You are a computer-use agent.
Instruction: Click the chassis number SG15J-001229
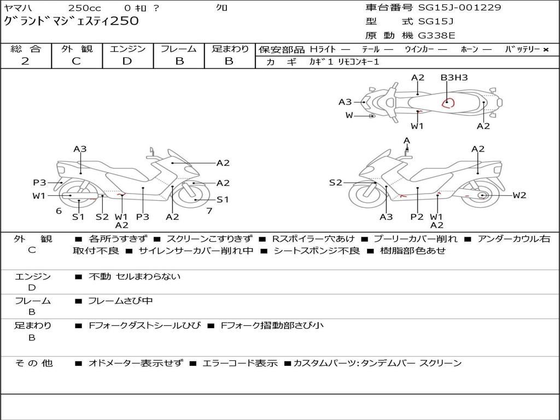[x=459, y=8]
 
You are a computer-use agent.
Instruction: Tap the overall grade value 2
[x=25, y=61]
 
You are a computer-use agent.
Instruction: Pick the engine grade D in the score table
[x=127, y=61]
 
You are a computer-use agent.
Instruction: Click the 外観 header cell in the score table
[x=77, y=49]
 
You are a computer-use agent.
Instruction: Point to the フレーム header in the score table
[x=179, y=49]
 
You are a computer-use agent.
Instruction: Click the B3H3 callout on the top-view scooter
[x=454, y=78]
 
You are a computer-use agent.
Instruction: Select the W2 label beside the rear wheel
[x=519, y=195]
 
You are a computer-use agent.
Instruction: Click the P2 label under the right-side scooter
[x=417, y=217]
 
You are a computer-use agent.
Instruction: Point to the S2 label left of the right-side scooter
[x=335, y=183]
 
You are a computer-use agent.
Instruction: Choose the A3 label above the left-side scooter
[x=80, y=149]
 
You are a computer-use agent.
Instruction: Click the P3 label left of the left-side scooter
[x=39, y=183]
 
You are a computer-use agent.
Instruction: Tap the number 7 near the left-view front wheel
[x=209, y=211]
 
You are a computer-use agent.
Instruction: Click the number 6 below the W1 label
[x=59, y=211]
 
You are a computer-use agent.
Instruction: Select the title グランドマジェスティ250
[x=71, y=21]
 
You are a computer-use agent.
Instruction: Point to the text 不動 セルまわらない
[x=135, y=277]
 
